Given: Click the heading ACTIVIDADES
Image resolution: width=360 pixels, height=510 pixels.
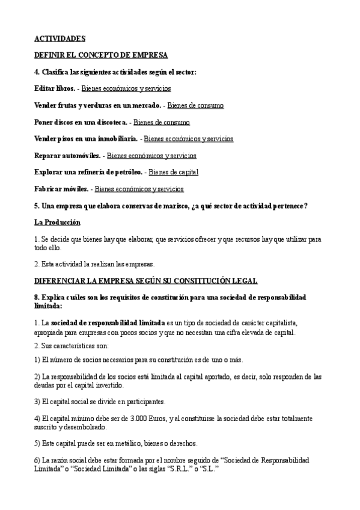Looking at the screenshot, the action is pos(59,38).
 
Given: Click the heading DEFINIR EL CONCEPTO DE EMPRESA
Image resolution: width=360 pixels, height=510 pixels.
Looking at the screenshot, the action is pos(101,55).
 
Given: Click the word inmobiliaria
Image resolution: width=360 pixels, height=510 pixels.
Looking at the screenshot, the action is pos(112,139).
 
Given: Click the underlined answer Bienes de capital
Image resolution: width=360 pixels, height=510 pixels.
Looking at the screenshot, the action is pos(173,172).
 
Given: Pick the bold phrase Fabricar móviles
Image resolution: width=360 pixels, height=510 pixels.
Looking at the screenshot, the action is pos(62,189).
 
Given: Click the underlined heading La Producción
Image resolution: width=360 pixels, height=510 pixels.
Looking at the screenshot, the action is pos(57,223).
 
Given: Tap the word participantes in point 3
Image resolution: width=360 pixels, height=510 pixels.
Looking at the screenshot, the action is pos(144,401).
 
